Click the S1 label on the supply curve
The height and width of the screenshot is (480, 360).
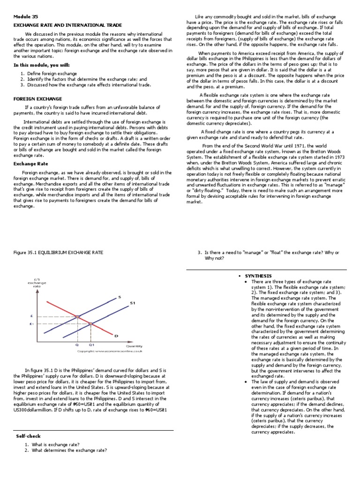coord(132,303)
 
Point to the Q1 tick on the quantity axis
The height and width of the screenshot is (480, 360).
coord(91,345)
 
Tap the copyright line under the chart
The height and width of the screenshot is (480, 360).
coord(110,351)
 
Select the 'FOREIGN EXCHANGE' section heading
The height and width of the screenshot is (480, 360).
coord(37,99)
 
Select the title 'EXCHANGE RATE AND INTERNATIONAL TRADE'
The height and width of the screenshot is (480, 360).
coord(67,25)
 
